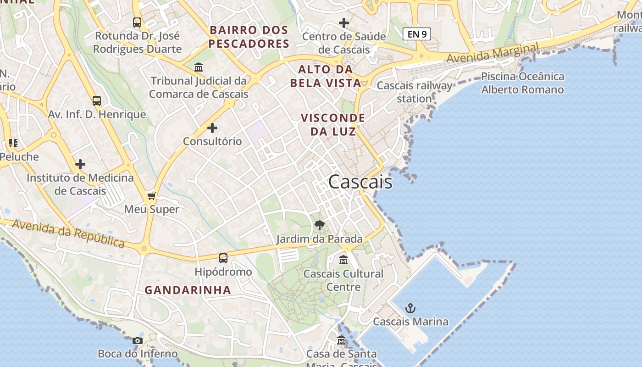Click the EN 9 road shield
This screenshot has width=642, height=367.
coord(416,33)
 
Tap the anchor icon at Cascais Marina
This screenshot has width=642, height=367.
coord(410,308)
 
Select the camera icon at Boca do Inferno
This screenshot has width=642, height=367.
coord(137,340)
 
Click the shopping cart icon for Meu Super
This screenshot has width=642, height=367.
coord(152,196)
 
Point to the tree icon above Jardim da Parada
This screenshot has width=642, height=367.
coord(320,225)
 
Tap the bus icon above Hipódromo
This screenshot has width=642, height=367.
coord(223,258)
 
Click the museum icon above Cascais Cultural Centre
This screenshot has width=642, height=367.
coord(343,261)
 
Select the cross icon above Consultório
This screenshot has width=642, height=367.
coord(212,128)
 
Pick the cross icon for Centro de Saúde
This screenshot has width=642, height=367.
coord(343,23)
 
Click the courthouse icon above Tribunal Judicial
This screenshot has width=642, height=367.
coord(199,67)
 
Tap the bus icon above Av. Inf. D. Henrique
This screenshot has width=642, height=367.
coord(97,101)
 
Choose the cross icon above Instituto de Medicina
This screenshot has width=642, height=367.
coord(80,164)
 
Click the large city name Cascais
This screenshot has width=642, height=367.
coord(360,182)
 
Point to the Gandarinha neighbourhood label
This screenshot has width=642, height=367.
coord(188,290)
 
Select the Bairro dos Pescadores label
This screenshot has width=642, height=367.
coord(249,37)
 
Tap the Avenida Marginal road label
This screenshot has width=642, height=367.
coord(493,53)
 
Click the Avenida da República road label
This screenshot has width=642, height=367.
coord(68,234)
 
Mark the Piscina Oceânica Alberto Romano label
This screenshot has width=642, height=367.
coord(522,83)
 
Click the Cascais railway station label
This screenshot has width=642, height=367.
coord(415,92)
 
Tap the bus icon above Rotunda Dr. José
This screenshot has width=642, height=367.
coord(137,22)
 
